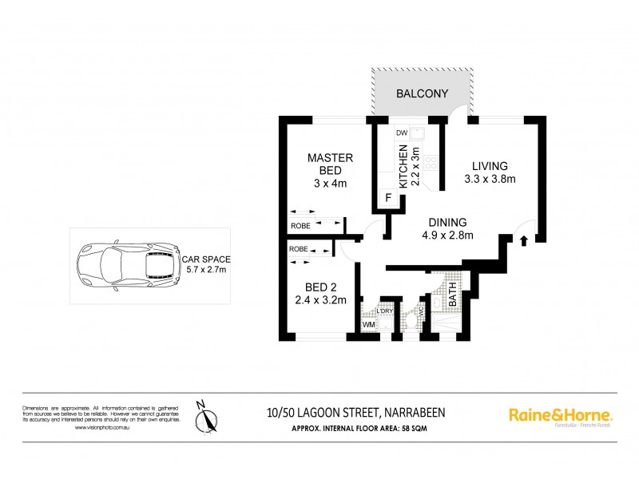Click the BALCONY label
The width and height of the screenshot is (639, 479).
click(x=423, y=94)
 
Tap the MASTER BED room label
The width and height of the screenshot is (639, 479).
click(x=325, y=164)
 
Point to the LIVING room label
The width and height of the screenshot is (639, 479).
click(x=490, y=165)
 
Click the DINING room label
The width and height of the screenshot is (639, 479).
click(x=447, y=223)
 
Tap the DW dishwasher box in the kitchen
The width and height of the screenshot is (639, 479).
click(x=403, y=133)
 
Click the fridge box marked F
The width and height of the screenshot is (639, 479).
click(x=389, y=197)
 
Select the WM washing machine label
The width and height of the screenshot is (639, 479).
click(x=369, y=325)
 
